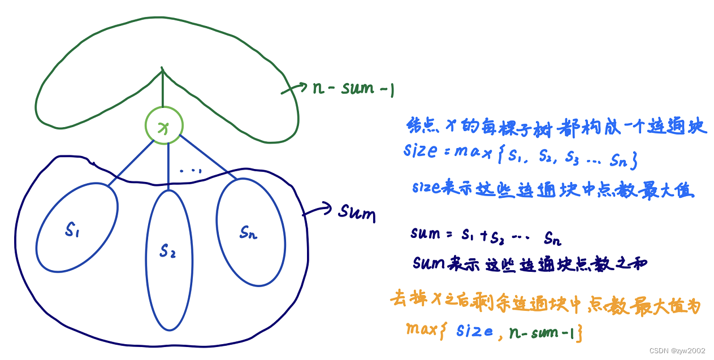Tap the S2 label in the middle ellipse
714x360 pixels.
click(167, 250)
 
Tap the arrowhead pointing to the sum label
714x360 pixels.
click(330, 208)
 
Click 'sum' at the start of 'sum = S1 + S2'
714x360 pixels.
click(426, 233)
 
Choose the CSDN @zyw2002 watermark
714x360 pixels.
click(677, 350)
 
